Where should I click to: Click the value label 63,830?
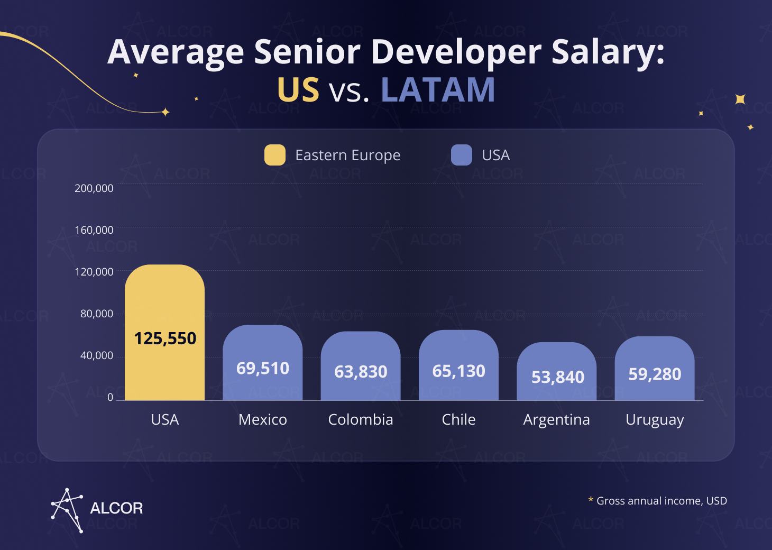(x=361, y=372)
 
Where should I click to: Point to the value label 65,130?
(x=458, y=371)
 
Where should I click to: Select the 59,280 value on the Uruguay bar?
(x=655, y=374)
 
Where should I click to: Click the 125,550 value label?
(x=164, y=338)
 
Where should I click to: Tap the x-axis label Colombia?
(x=361, y=419)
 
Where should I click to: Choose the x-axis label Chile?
(x=458, y=419)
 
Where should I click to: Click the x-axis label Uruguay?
(x=655, y=419)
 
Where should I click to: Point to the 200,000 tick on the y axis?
(x=94, y=188)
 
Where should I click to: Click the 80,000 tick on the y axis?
(x=97, y=314)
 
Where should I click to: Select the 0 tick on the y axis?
(x=110, y=397)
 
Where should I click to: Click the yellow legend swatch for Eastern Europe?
(x=275, y=155)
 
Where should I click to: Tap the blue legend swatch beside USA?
(x=461, y=155)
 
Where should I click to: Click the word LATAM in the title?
(x=438, y=90)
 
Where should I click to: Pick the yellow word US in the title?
(x=298, y=90)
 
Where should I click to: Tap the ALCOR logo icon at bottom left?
(x=67, y=509)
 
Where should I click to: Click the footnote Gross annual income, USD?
(x=661, y=500)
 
